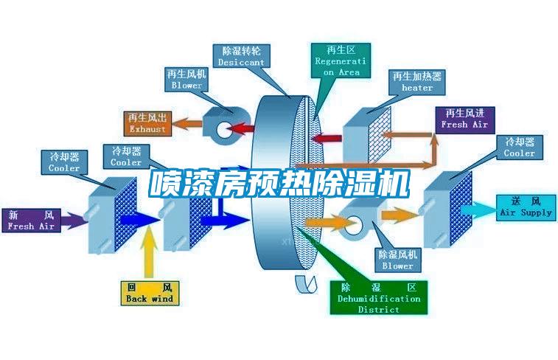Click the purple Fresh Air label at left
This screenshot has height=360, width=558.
point(31,221)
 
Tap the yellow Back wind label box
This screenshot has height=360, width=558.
point(149,293)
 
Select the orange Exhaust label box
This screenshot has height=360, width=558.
point(147,123)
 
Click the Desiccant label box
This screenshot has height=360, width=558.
point(241,57)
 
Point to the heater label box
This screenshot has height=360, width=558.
point(417,81)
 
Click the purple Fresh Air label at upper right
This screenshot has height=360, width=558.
point(464,119)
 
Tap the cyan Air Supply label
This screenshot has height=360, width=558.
point(526,207)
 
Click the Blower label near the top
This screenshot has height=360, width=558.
point(186,80)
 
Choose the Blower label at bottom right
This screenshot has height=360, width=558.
point(397,259)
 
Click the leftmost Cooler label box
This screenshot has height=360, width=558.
point(64,162)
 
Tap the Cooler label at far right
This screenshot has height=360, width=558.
point(519,148)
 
